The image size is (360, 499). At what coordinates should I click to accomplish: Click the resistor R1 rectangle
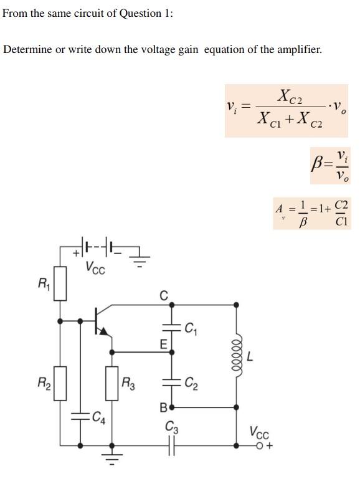(x=60, y=283)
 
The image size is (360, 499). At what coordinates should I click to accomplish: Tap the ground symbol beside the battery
(x=140, y=259)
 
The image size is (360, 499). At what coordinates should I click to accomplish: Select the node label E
(x=163, y=344)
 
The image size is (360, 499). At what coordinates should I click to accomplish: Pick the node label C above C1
(x=164, y=295)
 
